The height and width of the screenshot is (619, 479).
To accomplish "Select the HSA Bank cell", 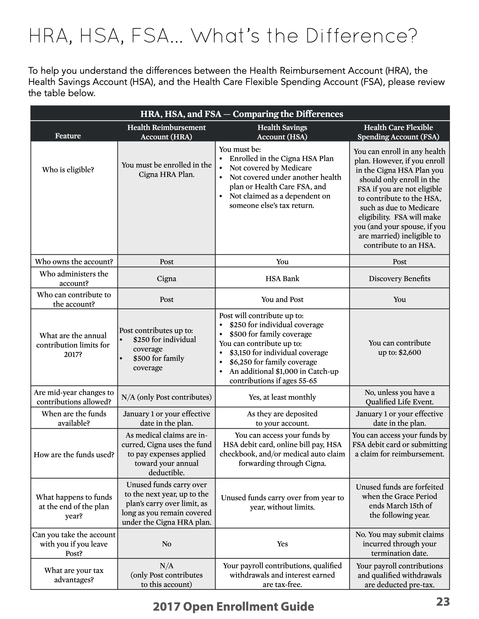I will pyautogui.click(x=282, y=278).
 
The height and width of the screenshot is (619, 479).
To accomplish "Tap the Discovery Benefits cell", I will pyautogui.click(x=399, y=278).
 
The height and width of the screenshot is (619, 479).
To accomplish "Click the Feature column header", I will pyautogui.click(x=68, y=136).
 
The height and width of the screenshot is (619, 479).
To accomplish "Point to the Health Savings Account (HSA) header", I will pyautogui.click(x=282, y=132).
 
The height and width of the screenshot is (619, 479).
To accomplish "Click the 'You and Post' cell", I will pyautogui.click(x=282, y=299).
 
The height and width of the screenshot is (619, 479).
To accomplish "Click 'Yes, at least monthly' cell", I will pyautogui.click(x=282, y=397).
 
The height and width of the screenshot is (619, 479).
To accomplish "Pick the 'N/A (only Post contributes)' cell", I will pyautogui.click(x=166, y=397).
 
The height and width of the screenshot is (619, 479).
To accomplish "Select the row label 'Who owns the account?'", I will pyautogui.click(x=74, y=262).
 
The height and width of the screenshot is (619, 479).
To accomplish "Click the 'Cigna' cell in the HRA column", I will pyautogui.click(x=166, y=278).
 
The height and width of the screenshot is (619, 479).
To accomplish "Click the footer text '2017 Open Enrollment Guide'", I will pyautogui.click(x=233, y=606).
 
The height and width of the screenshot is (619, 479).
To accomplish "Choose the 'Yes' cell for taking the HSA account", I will pyautogui.click(x=282, y=544).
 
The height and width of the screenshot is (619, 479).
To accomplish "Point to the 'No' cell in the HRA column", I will pyautogui.click(x=166, y=544).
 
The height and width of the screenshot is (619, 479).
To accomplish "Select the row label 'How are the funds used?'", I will pyautogui.click(x=74, y=455).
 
